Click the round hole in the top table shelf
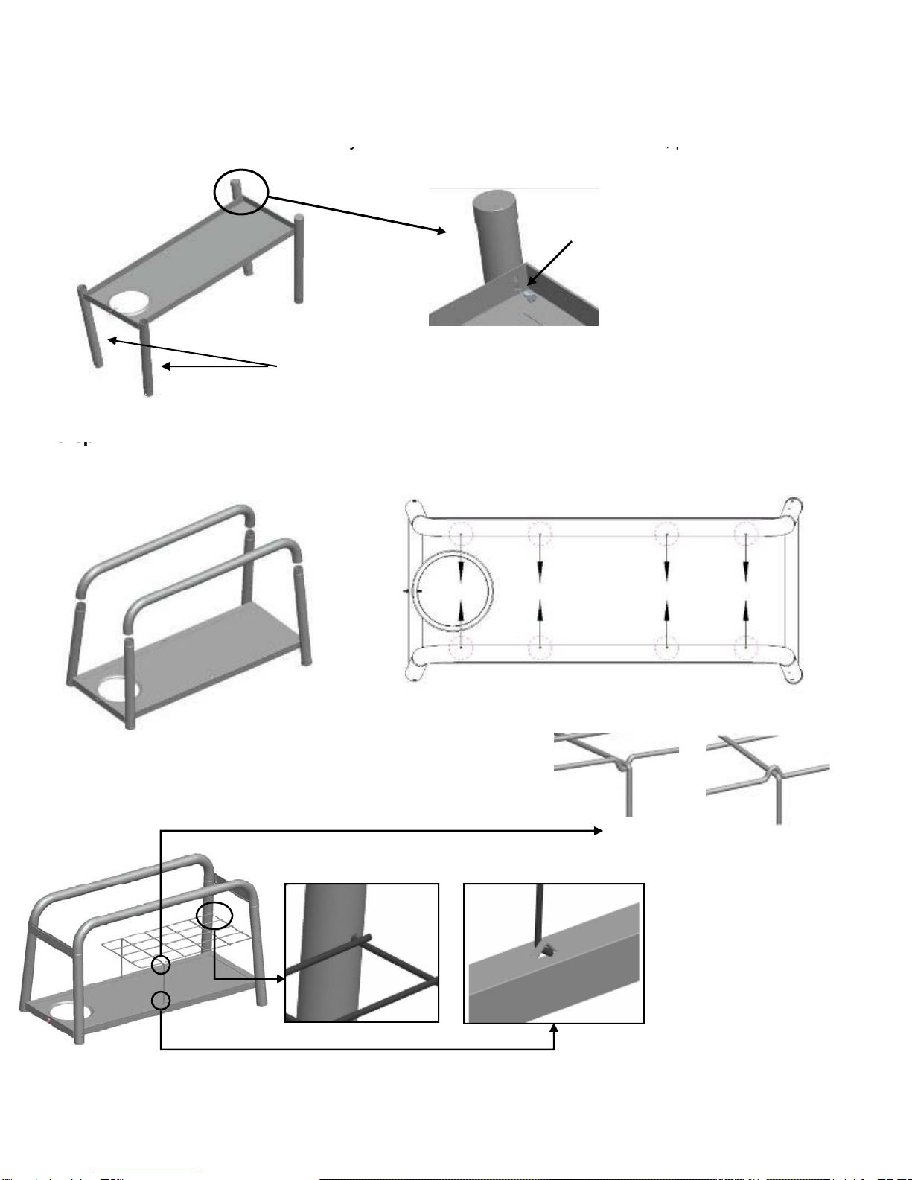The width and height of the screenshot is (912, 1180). [128, 302]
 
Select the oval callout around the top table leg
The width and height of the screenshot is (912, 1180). [240, 191]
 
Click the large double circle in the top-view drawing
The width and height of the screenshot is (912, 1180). [454, 590]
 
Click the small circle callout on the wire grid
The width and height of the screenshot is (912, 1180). [161, 965]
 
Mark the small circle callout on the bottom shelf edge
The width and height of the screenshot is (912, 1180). [161, 1001]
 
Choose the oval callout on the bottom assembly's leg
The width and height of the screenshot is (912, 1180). [214, 915]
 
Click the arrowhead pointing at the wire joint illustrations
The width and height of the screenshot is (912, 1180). [598, 830]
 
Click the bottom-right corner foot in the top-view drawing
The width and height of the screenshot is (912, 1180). [791, 671]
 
